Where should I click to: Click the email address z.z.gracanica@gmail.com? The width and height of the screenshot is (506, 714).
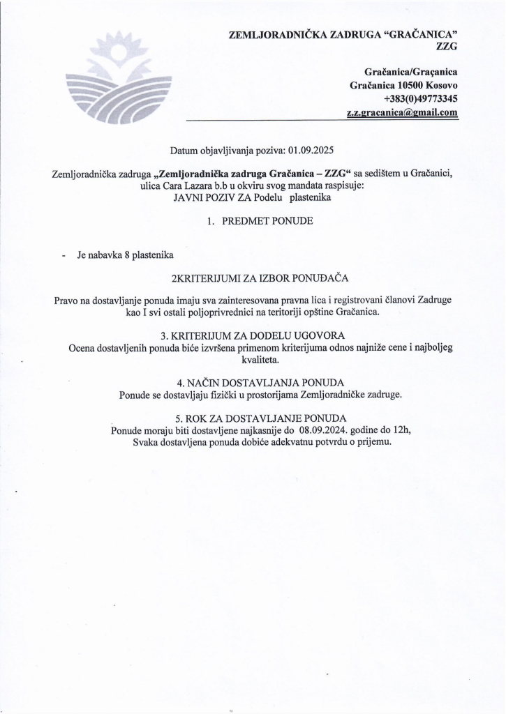[402, 112]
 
